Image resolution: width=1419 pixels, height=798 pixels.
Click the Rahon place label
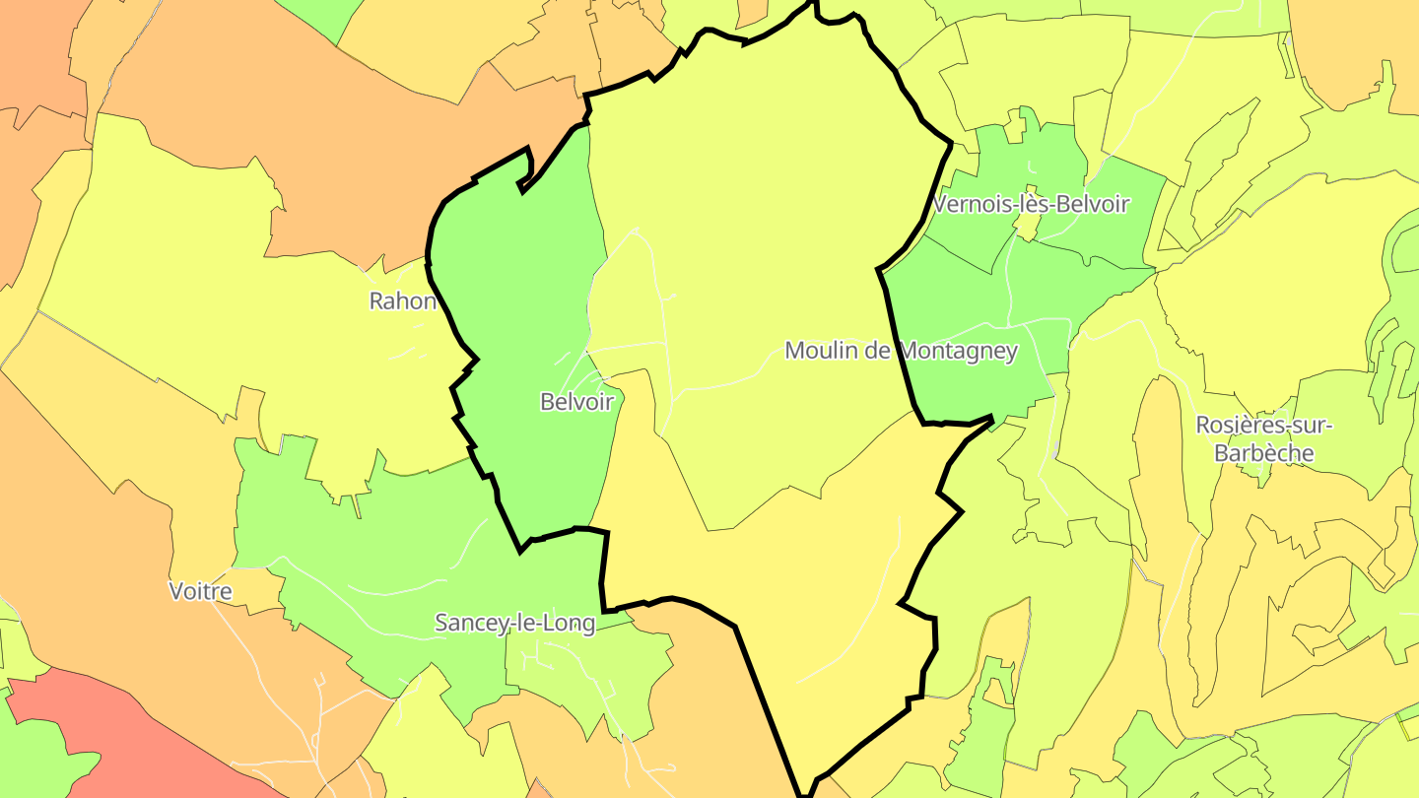[402, 301]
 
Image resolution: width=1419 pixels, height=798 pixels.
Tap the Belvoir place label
[576, 402]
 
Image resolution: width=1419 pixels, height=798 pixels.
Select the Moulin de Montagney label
[901, 351]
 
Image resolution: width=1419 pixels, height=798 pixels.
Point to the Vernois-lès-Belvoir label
[1030, 205]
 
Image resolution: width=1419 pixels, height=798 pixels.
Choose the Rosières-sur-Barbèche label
[1263, 439]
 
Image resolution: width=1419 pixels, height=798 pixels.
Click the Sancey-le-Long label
[515, 623]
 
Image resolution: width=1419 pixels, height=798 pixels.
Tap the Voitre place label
[201, 591]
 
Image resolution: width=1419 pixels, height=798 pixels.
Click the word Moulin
[820, 351]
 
